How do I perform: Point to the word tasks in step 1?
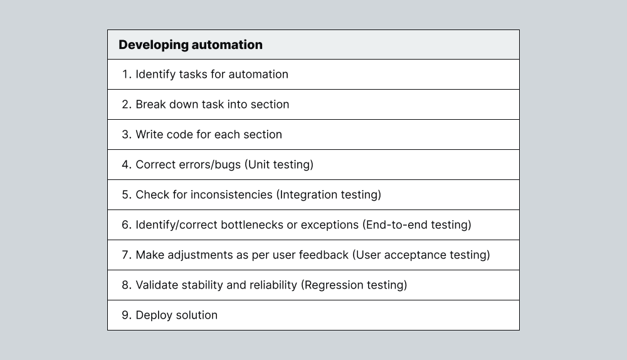192,74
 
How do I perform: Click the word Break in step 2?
151,104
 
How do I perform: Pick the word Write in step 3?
150,134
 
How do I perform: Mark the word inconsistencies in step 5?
231,194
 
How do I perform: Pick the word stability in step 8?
202,285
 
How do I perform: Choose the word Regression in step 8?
331,285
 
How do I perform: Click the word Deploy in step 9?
154,315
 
